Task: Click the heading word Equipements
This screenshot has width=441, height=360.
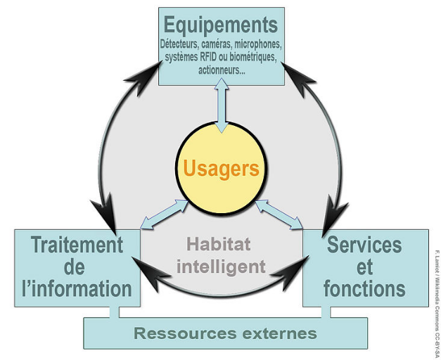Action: [221, 25]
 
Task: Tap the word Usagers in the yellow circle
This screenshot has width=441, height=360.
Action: [222, 168]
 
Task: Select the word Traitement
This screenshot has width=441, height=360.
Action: [77, 245]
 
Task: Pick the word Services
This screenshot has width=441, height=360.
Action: [364, 245]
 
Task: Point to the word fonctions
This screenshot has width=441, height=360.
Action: [365, 288]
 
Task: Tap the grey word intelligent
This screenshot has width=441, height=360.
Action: [222, 266]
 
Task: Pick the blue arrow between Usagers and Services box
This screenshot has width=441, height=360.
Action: [279, 214]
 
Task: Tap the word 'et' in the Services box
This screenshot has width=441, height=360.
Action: [364, 267]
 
